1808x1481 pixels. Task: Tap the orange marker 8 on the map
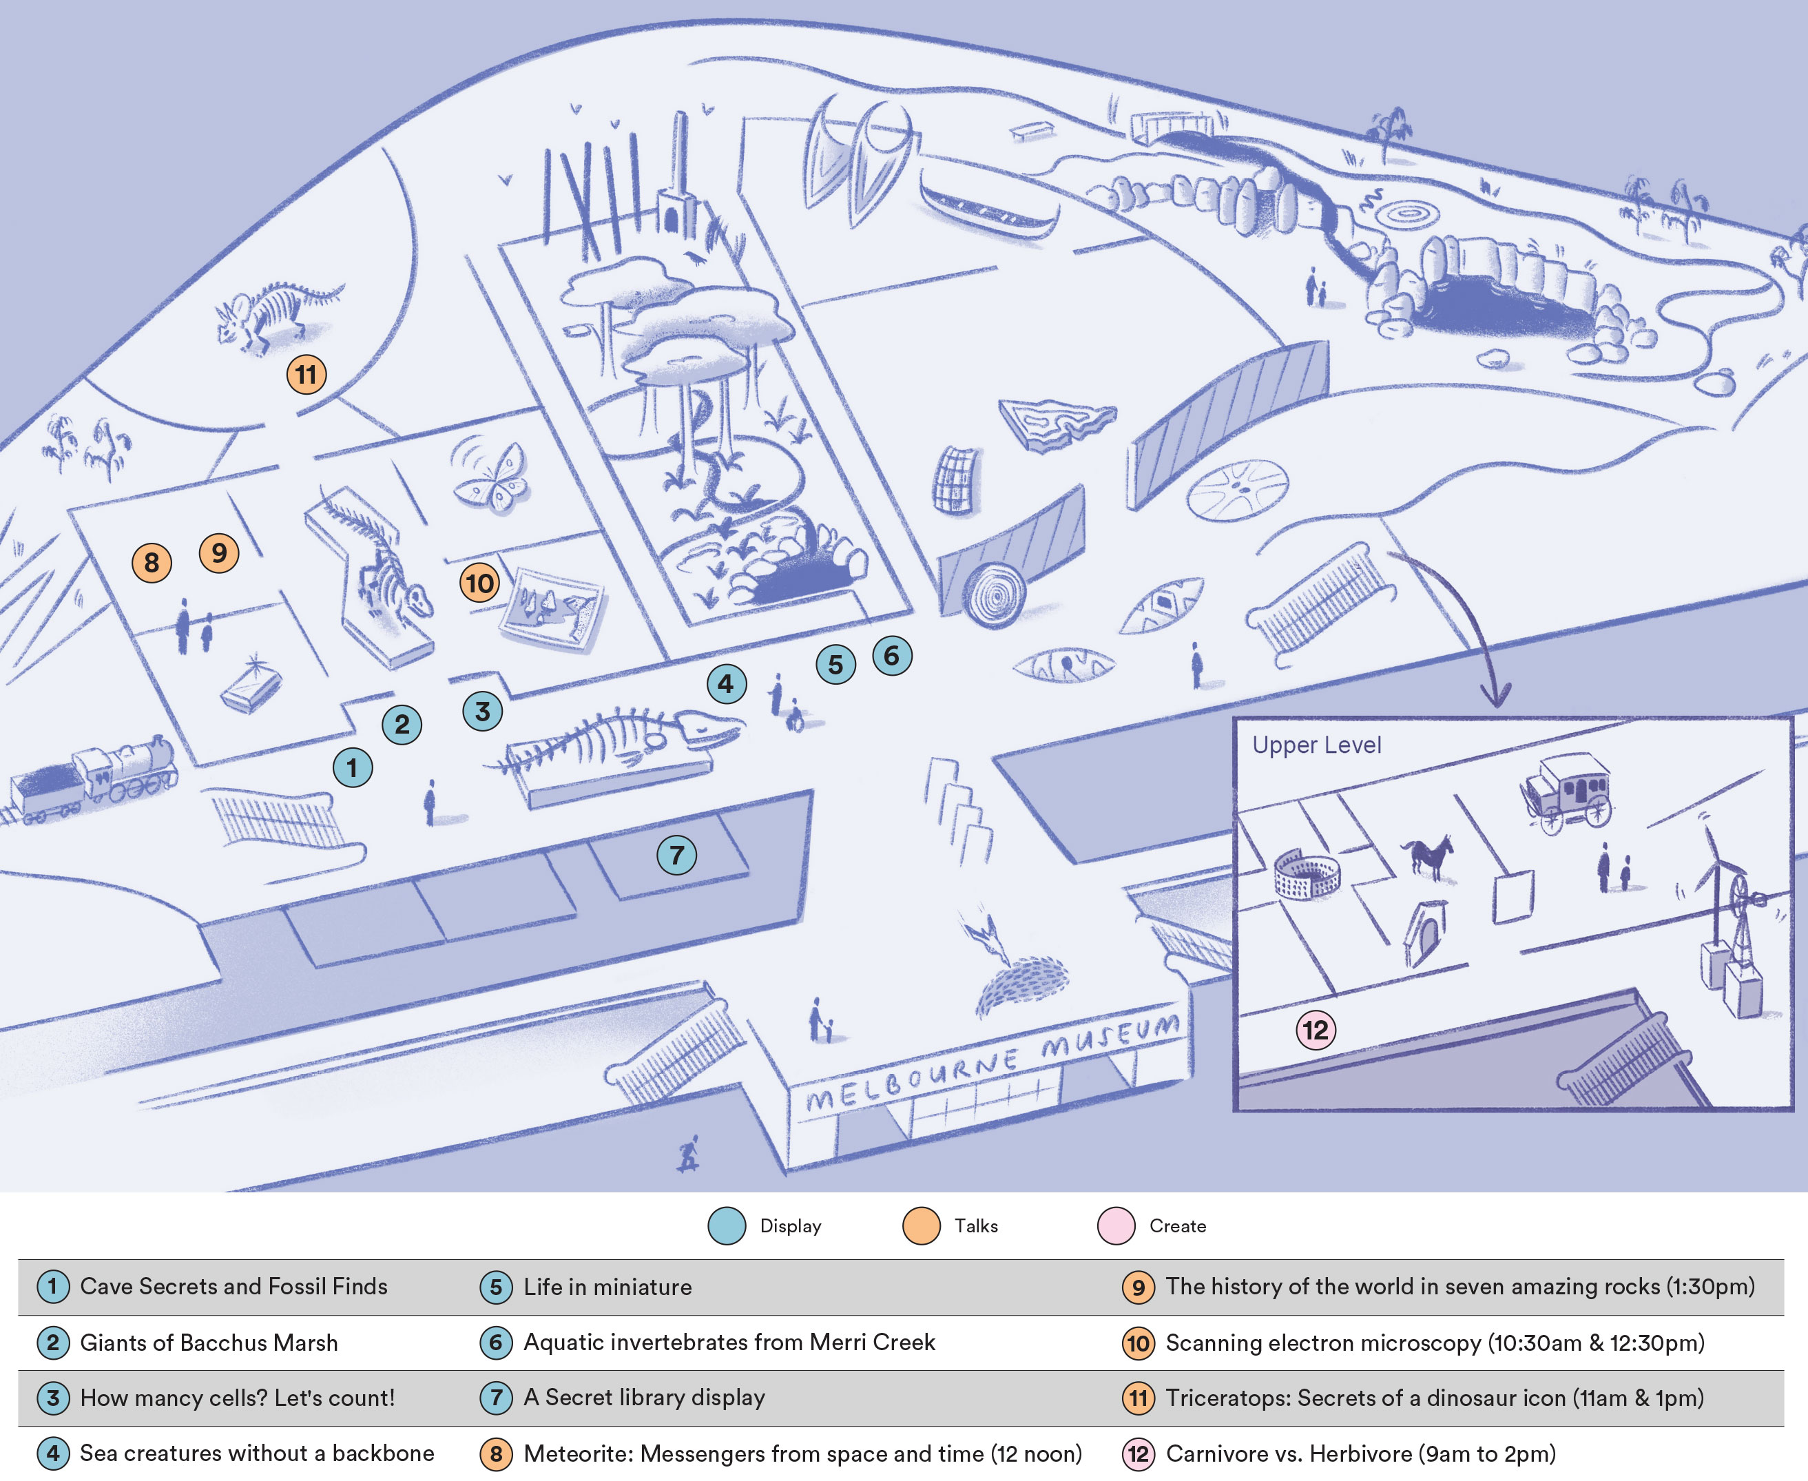click(x=152, y=563)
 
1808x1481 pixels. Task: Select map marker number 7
click(x=676, y=855)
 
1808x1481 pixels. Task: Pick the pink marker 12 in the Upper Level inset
click(x=1316, y=1030)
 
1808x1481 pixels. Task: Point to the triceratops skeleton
click(x=277, y=315)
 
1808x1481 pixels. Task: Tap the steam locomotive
click(x=94, y=779)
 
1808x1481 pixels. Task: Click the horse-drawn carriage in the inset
click(x=1568, y=791)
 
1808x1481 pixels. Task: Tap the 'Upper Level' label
click(x=1316, y=745)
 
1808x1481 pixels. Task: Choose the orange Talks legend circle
click(x=921, y=1226)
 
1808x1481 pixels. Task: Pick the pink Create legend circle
click(x=1116, y=1226)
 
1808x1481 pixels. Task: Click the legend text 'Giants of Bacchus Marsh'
click(x=209, y=1343)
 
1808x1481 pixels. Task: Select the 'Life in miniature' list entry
click(x=607, y=1287)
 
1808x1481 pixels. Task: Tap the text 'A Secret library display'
click(x=644, y=1398)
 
